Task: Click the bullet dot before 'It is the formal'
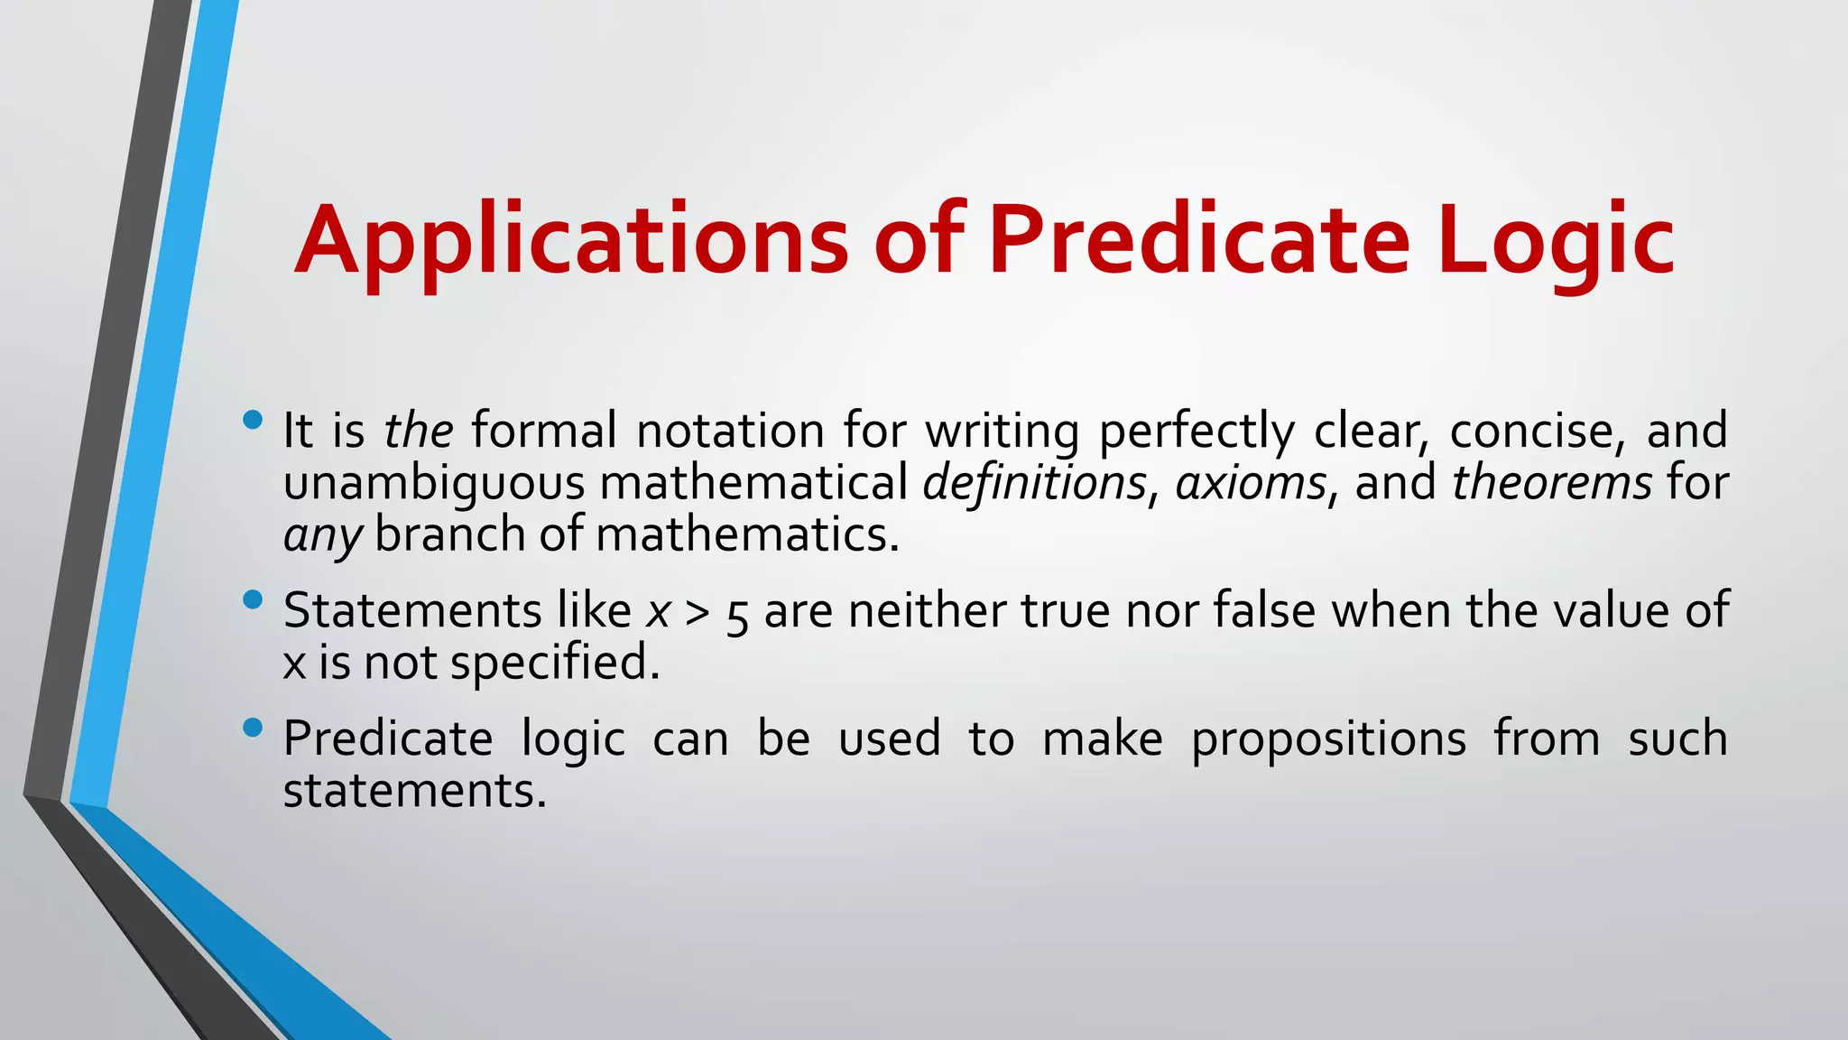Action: (253, 420)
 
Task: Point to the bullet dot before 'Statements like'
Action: (253, 600)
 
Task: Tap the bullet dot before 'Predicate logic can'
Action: (253, 728)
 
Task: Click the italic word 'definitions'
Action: (1034, 482)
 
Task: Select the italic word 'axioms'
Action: (1251, 482)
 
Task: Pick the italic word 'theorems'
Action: (1552, 482)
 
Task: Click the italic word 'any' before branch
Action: (322, 535)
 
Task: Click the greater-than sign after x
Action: (697, 612)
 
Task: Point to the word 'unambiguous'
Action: (434, 482)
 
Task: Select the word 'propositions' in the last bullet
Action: (1328, 739)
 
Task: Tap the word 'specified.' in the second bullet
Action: (555, 663)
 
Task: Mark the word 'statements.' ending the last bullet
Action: (415, 791)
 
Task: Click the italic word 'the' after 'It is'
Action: (418, 430)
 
